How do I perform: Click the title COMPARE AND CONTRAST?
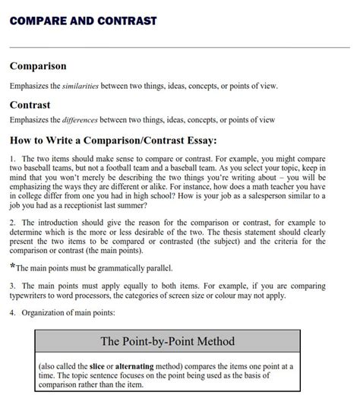click(x=83, y=21)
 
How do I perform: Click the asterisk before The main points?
click(x=12, y=267)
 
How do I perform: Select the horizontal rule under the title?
click(x=180, y=48)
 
